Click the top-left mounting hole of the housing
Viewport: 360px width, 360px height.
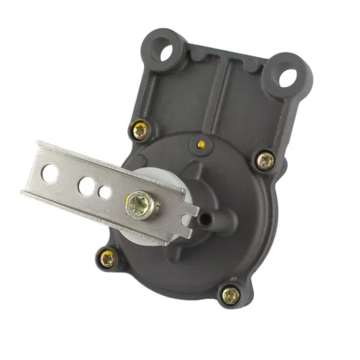(x=168, y=49)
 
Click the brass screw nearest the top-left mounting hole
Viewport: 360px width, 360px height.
(x=139, y=130)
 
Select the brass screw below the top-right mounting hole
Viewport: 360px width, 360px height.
(x=264, y=160)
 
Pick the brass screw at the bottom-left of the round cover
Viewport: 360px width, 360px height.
(x=108, y=259)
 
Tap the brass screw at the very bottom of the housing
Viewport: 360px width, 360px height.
(x=230, y=296)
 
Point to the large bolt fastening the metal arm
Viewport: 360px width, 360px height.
(x=142, y=204)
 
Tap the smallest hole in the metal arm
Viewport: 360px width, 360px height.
(x=105, y=192)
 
